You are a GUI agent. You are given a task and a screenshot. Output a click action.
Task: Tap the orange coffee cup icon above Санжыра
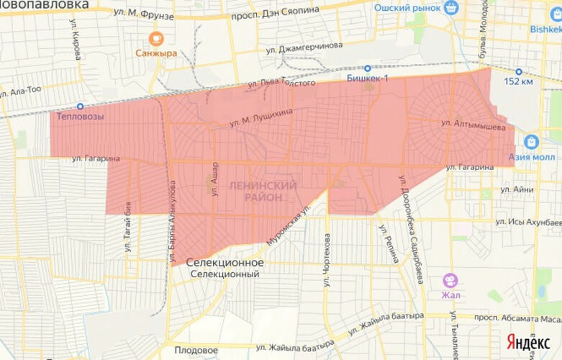pos(155,38)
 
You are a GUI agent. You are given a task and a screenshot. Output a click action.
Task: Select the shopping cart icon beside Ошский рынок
pos(451,8)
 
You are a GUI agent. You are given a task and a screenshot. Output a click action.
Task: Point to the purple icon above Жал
pos(450,279)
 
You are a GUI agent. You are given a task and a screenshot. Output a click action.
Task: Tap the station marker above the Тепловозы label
pos(80,106)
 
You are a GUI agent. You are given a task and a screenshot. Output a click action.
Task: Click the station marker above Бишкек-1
pos(367,68)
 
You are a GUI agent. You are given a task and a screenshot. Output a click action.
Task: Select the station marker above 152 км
pos(517,71)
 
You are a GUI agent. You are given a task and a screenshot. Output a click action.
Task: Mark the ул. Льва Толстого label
pos(281,84)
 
